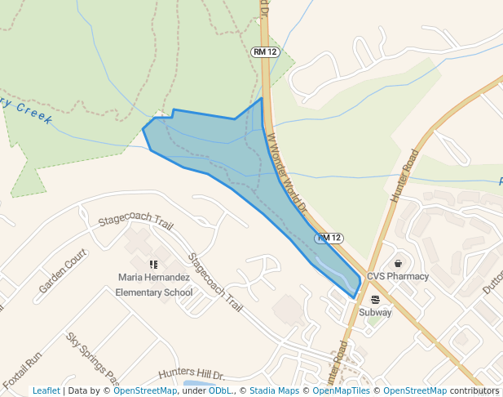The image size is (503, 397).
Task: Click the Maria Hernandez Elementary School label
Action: (x=154, y=284)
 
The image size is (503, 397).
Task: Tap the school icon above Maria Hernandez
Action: (x=153, y=264)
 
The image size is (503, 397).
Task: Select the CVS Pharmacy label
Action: (x=398, y=276)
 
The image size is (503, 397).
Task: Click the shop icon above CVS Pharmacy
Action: (x=398, y=263)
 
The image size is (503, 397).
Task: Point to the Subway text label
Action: (x=376, y=312)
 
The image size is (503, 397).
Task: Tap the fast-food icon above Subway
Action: (x=375, y=299)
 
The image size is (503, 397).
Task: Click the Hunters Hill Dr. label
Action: (x=191, y=372)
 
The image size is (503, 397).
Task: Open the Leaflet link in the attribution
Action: (x=46, y=391)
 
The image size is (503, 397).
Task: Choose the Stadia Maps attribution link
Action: (x=274, y=391)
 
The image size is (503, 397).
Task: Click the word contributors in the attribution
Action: (x=474, y=391)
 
